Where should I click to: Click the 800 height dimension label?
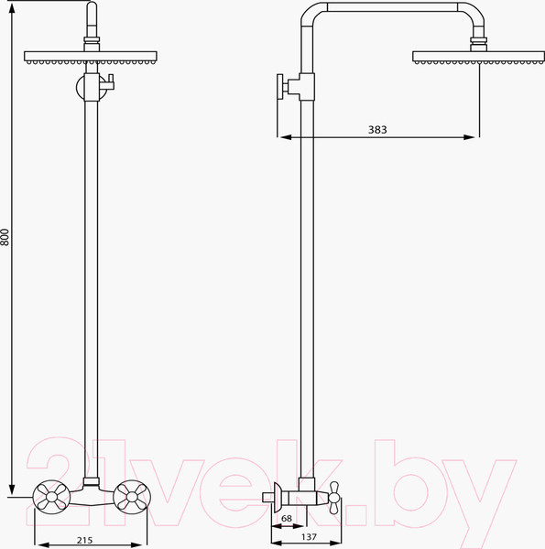click(5, 237)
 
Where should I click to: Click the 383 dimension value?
click(377, 130)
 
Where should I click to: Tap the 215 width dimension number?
click(85, 540)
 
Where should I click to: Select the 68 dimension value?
click(287, 518)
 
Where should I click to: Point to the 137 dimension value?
click(309, 537)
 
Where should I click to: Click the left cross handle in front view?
click(51, 497)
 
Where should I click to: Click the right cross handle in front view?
click(132, 497)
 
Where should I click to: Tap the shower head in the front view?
click(91, 58)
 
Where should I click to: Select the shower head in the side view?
click(479, 58)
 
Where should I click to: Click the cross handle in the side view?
click(334, 498)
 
